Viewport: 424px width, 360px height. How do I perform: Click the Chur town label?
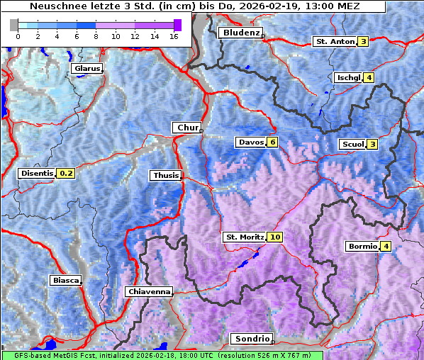coord(187,128)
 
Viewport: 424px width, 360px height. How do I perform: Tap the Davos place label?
coord(250,142)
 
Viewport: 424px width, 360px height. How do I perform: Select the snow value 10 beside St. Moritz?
coord(275,237)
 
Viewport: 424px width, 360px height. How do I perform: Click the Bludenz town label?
coord(240,33)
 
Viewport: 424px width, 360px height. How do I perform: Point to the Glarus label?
coord(86,69)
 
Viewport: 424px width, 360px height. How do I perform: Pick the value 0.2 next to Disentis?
coord(66,173)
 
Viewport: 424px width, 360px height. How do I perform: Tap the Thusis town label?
coord(165,175)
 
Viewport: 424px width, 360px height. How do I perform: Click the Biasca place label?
coord(65,280)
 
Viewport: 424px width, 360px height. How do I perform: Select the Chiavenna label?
coord(148,291)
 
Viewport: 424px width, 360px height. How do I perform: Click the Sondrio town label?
coord(251,339)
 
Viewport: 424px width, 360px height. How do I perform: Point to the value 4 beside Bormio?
coord(385,247)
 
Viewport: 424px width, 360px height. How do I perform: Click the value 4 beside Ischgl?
coord(369,77)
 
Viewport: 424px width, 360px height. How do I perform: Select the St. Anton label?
coord(334,42)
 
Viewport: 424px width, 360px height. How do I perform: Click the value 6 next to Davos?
coord(272,142)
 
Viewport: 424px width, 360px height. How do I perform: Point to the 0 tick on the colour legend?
coord(18,35)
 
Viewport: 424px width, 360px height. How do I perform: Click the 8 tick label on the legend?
coord(96,35)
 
